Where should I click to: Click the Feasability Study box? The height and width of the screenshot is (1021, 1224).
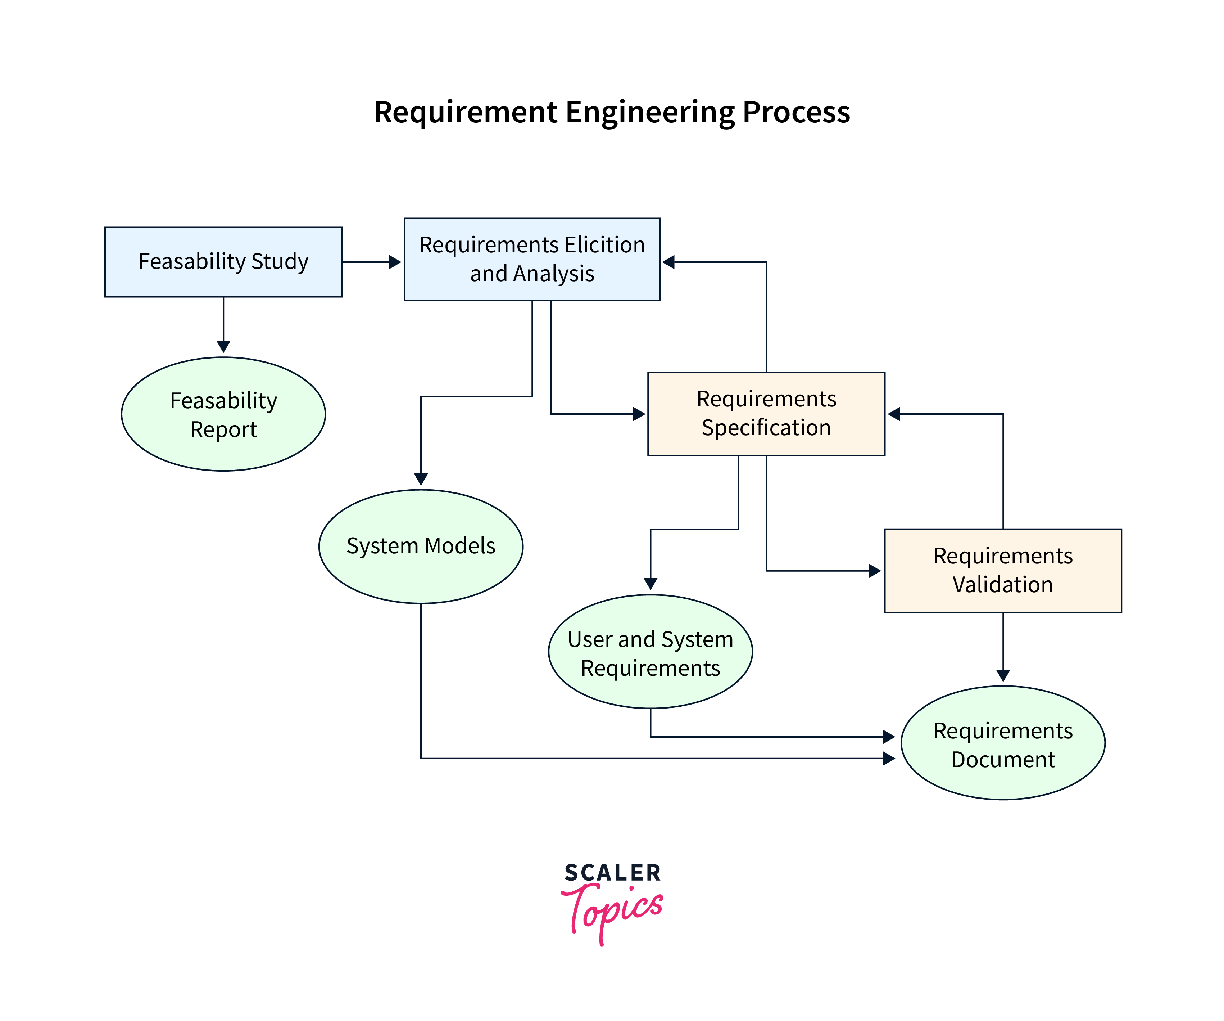pos(223,262)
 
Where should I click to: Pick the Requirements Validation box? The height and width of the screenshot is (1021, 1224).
pos(1002,570)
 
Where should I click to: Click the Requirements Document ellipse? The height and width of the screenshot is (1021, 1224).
pos(1002,743)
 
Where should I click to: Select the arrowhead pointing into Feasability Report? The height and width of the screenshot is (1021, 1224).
pos(223,346)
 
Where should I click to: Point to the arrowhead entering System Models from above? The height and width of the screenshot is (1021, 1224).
pos(421,479)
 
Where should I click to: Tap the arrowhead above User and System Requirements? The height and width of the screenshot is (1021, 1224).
pos(650,584)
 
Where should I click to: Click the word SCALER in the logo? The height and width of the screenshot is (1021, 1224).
pos(613,873)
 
